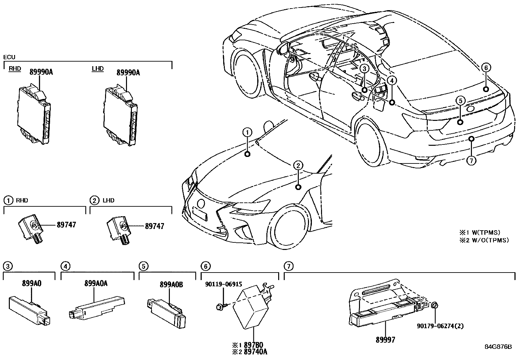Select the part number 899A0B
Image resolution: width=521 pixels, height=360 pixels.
coord(171,285)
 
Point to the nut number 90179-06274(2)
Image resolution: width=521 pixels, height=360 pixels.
coord(440,326)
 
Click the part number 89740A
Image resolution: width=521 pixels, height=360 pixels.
coord(256,351)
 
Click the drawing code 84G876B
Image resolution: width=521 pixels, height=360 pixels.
coord(498,347)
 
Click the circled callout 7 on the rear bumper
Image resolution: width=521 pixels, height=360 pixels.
coord(471,161)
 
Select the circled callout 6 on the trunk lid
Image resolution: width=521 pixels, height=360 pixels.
coord(486,68)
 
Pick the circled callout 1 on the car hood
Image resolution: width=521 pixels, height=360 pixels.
coord(247,132)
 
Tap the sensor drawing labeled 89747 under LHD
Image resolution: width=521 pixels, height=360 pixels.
coord(119,229)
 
